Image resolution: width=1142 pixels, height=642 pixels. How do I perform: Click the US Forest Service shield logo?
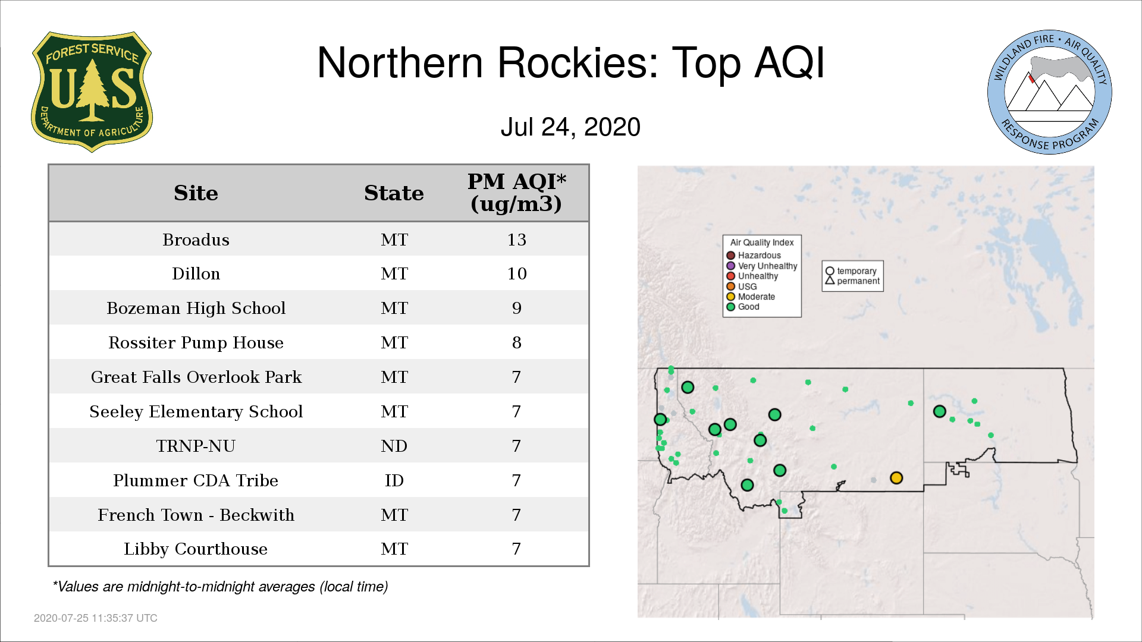pos(92,92)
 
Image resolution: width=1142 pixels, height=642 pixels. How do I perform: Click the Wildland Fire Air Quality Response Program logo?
pos(1050,92)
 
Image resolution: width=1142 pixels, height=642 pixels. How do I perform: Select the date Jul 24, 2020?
pos(570,127)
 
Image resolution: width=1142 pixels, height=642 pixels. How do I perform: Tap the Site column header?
pos(196,193)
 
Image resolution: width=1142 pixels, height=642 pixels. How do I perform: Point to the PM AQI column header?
pos(516,193)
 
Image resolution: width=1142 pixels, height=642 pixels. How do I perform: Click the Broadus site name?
pos(196,240)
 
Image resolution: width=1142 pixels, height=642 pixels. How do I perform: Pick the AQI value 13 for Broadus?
pos(516,240)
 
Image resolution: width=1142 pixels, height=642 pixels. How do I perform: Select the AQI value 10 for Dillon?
pos(516,273)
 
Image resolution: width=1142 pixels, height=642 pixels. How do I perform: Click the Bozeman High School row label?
pos(196,308)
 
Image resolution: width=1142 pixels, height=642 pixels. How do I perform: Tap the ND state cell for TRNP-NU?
pos(394,446)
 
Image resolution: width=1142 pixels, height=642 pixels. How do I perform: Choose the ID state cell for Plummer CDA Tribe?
pos(394,480)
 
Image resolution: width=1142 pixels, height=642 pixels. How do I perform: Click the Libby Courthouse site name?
pos(196,549)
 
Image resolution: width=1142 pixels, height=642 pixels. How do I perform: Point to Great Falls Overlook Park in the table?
pos(196,377)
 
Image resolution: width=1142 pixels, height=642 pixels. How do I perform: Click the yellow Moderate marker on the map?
pos(896,478)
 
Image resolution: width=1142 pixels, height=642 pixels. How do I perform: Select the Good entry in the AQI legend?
pos(743,307)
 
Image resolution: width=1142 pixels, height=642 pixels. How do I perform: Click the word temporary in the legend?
pos(857,271)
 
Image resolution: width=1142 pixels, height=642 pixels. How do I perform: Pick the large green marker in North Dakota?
pos(940,411)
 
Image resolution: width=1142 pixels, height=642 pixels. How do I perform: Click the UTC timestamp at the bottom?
pos(96,618)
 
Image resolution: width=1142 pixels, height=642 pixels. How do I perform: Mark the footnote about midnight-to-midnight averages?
pos(220,587)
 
